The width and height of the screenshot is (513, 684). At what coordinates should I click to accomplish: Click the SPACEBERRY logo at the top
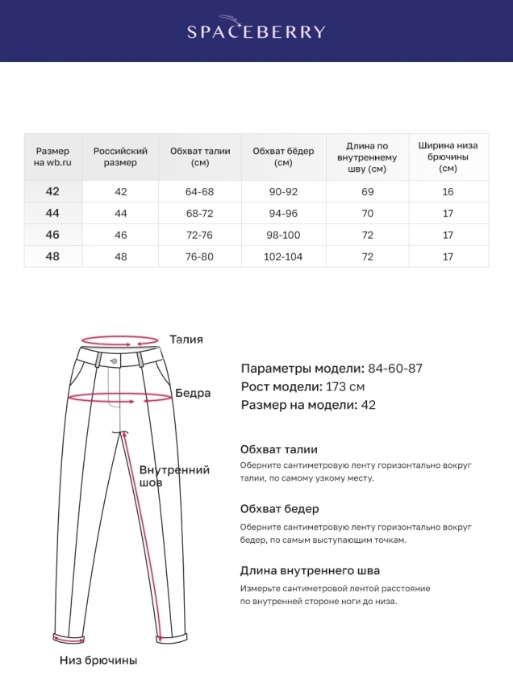pos(256,31)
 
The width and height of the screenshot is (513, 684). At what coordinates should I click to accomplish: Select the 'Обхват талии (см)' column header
pos(200,156)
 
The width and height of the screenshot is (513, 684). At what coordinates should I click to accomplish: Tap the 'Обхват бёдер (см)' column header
pos(283,156)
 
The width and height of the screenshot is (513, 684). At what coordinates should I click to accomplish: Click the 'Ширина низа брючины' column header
pos(448,156)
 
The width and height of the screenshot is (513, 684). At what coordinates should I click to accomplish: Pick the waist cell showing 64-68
pos(200,192)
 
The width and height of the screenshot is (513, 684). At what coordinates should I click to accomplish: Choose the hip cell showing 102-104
pos(283,256)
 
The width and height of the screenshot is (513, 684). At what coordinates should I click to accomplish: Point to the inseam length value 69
pos(368,192)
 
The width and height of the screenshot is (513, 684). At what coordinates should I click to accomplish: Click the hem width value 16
pos(448,192)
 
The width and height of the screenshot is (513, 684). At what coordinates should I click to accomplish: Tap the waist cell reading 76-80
pos(200,256)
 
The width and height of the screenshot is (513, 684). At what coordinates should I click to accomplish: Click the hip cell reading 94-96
pos(283,214)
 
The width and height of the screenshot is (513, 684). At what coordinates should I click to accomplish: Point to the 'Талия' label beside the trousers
pos(186,340)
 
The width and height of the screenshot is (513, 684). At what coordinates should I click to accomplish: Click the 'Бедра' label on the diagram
pos(193,394)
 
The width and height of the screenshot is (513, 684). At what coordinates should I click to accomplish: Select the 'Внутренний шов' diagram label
pos(173,476)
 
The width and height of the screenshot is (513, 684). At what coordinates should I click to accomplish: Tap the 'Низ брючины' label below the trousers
pos(98,660)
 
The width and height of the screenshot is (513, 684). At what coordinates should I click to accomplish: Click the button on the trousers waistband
pos(114,360)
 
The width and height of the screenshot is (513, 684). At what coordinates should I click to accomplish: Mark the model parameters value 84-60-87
pos(395,369)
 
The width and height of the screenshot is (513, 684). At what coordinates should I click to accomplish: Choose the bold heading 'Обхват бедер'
pos(279,509)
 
